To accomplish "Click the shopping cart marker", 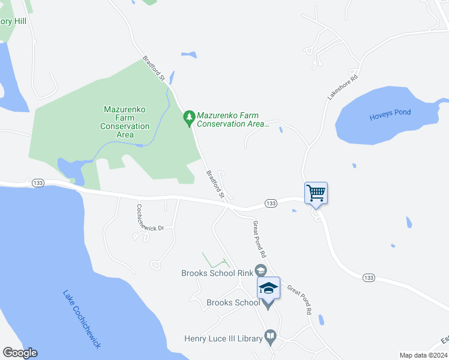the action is (x=316, y=193).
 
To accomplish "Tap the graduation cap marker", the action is (x=268, y=289).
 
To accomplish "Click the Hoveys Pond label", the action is (x=390, y=113).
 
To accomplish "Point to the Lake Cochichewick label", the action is (x=82, y=319).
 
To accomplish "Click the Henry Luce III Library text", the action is (x=223, y=339).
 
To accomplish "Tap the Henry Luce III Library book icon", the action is (x=271, y=337).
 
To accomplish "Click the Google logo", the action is (x=20, y=353).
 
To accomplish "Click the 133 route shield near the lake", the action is (x=38, y=182).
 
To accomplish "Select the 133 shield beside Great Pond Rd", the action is (x=271, y=204).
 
